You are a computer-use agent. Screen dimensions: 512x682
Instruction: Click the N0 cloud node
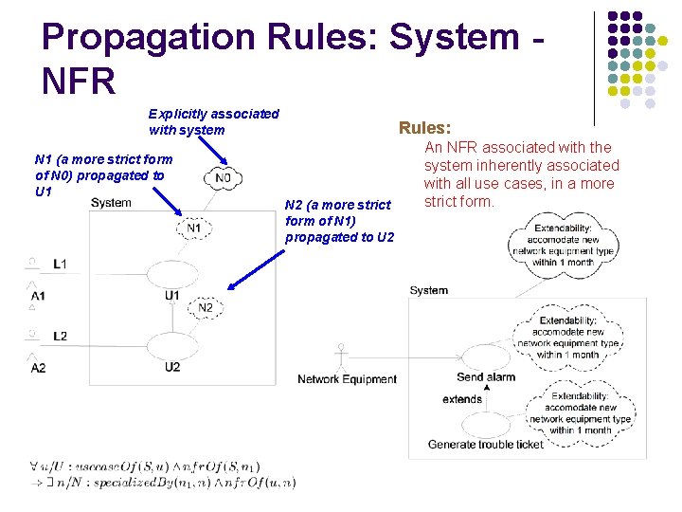click(223, 177)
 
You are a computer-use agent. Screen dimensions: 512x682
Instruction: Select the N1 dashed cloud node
click(193, 228)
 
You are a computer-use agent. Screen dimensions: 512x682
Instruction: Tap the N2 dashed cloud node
click(206, 307)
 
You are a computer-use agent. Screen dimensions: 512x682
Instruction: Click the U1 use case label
click(171, 296)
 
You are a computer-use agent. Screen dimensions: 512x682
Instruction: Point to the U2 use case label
click(171, 367)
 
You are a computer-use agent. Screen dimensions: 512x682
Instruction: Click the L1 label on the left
click(60, 263)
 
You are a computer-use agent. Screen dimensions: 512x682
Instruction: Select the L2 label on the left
click(60, 336)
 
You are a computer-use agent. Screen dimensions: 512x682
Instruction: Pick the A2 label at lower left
click(38, 367)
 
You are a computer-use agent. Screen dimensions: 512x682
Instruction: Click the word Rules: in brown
click(425, 127)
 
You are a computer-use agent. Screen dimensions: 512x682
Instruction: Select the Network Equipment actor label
click(347, 379)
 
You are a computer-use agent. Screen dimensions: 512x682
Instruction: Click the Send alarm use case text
click(486, 376)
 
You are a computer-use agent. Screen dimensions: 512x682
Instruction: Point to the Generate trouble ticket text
click(486, 444)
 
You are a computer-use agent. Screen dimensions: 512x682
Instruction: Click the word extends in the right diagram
click(462, 399)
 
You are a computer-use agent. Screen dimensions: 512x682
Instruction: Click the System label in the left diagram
click(111, 202)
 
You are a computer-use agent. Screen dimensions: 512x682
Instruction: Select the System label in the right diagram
click(429, 290)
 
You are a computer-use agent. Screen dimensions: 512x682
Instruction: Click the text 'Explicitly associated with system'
click(214, 121)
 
